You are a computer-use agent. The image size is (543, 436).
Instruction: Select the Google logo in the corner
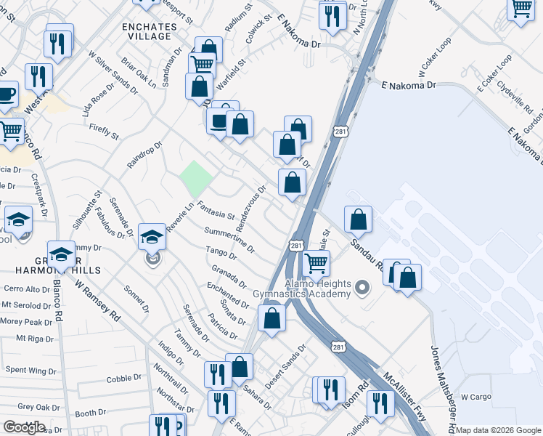24,427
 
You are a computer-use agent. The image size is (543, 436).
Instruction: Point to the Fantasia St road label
216,211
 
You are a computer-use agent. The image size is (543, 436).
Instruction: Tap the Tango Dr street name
223,252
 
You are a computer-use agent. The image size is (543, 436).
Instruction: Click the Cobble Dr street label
124,379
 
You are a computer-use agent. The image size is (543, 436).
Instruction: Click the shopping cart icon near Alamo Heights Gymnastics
316,263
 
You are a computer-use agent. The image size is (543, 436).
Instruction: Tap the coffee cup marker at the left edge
6,95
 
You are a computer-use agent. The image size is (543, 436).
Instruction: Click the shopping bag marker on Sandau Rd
358,219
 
